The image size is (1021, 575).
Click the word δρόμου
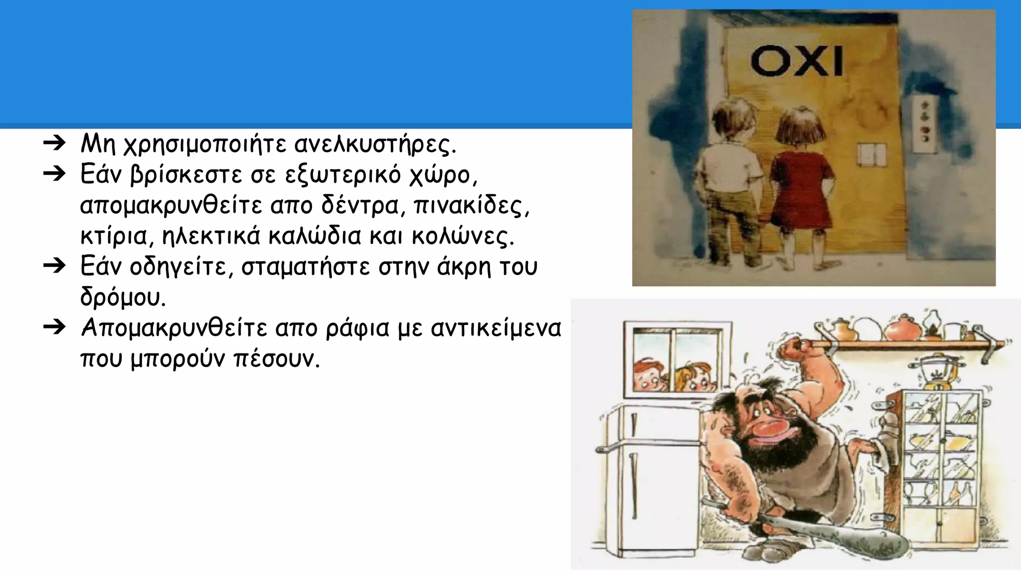coord(123,298)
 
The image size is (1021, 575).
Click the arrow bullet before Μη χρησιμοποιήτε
coord(55,144)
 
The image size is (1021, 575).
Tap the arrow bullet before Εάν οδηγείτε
coord(55,266)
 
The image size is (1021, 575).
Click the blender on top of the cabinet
coord(937,372)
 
